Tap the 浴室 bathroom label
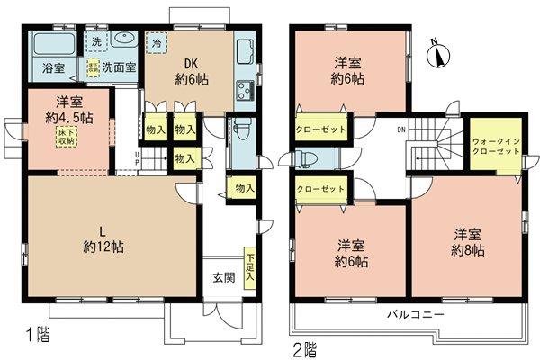53,67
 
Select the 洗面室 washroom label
118,67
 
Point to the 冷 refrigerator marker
157,42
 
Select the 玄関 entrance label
225,277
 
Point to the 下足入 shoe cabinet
248,266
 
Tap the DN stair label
400,132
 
